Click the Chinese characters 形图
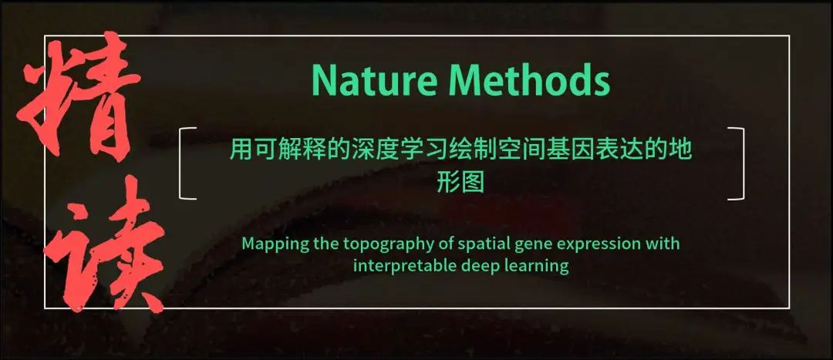point(461,183)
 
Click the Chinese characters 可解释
point(289,150)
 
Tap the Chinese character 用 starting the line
point(241,150)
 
